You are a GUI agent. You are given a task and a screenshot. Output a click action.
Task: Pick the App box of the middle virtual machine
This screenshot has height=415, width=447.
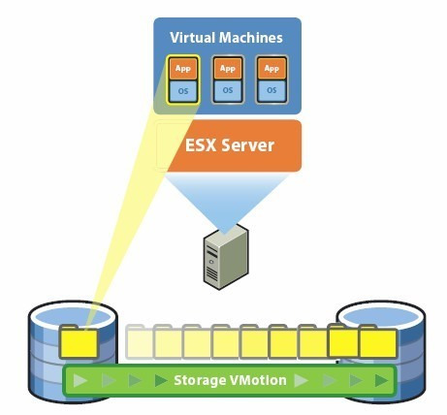tap(228, 69)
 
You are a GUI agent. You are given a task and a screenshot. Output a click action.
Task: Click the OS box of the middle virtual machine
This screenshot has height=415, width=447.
tap(228, 90)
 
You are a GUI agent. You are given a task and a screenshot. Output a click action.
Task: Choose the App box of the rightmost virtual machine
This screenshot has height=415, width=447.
tap(271, 69)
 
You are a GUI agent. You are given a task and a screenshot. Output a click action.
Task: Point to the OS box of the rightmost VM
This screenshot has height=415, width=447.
tap(271, 90)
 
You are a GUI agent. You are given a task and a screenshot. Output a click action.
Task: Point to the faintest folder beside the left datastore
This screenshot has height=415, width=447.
tap(141, 341)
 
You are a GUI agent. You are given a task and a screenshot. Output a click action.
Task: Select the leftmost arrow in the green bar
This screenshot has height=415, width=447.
tap(80, 380)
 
